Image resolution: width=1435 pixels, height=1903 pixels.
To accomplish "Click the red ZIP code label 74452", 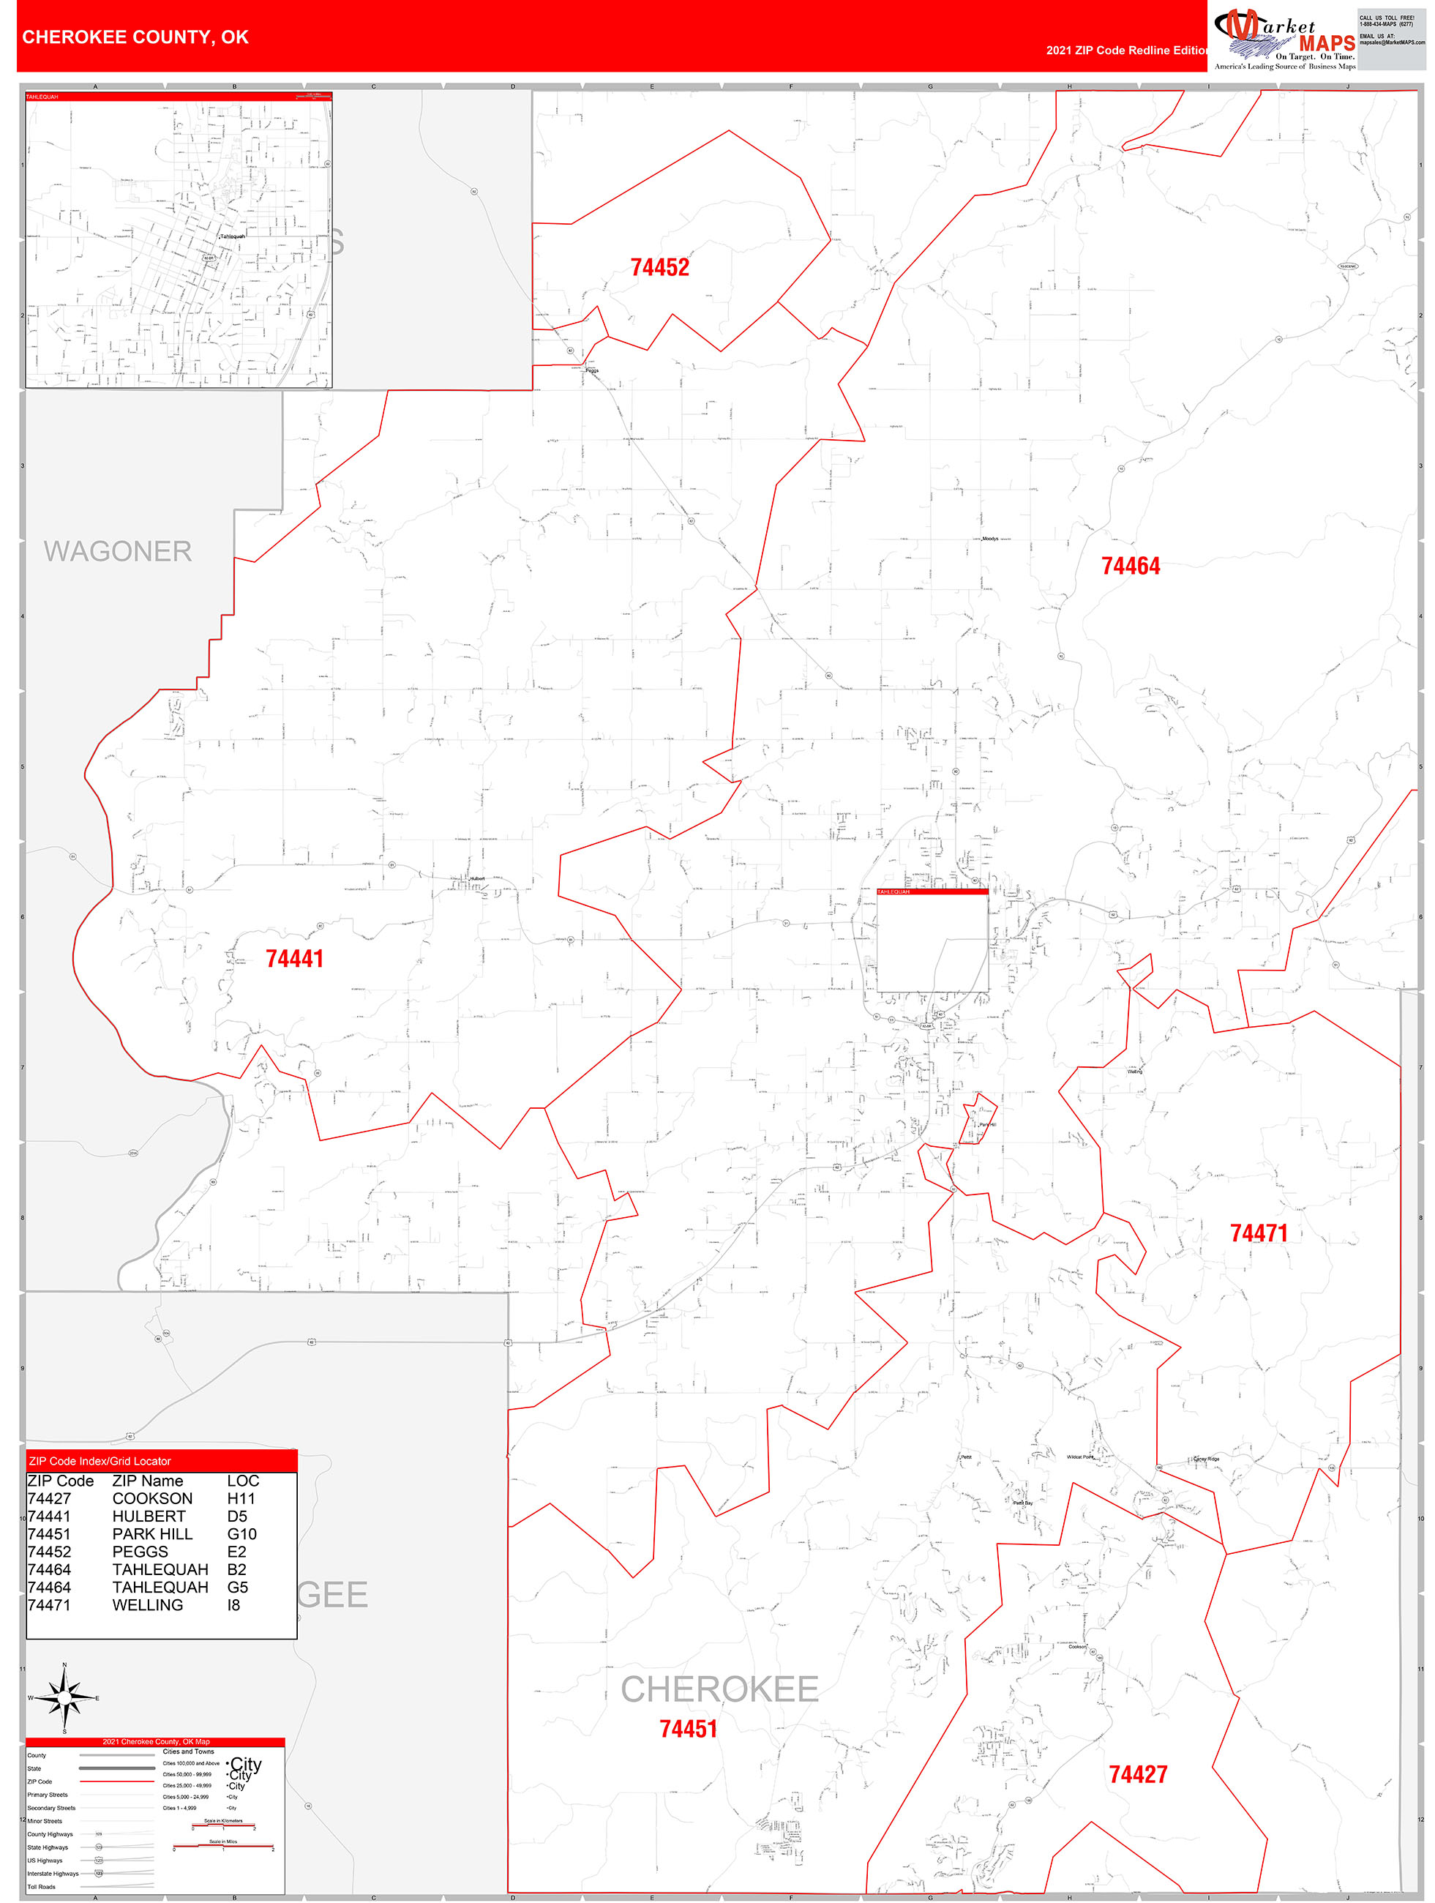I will [x=660, y=268].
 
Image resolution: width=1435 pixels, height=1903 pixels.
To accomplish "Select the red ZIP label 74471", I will [x=1259, y=1233].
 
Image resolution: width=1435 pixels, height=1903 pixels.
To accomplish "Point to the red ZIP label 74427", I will [x=1137, y=1774].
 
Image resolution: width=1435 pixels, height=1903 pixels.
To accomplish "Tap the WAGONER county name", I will [x=118, y=551].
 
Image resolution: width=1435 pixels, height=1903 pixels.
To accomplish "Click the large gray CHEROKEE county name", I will [x=719, y=1689].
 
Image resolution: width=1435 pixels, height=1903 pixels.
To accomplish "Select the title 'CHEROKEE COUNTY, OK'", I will [x=135, y=37].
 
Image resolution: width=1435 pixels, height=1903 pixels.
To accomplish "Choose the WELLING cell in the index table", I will [x=147, y=1605].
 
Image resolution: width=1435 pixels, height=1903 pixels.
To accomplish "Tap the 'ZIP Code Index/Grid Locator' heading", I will [x=100, y=1461].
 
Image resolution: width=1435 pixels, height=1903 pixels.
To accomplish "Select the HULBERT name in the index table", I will [x=149, y=1517].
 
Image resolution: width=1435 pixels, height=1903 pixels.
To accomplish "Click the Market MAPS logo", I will [x=1284, y=38].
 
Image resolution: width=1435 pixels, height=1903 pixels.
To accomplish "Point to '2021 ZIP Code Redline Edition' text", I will [x=1127, y=50].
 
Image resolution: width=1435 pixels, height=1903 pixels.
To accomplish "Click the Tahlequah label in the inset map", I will [x=232, y=236].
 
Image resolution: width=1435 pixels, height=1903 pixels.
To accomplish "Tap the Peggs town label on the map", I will [x=592, y=371].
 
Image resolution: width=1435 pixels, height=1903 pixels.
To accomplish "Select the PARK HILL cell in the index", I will [x=152, y=1534].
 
